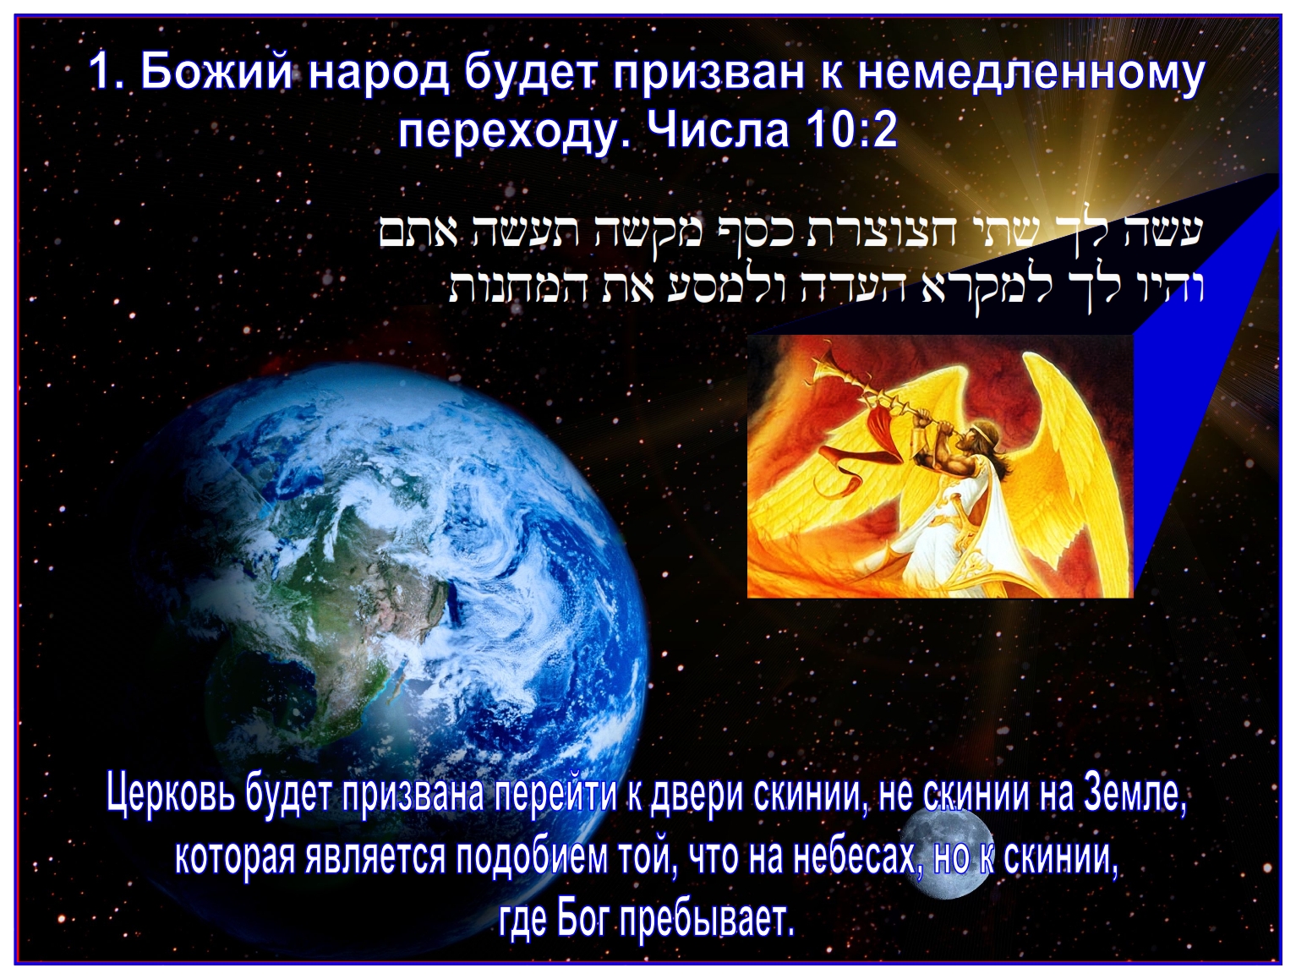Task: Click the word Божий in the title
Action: pos(216,74)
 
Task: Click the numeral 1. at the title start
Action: pos(108,74)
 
